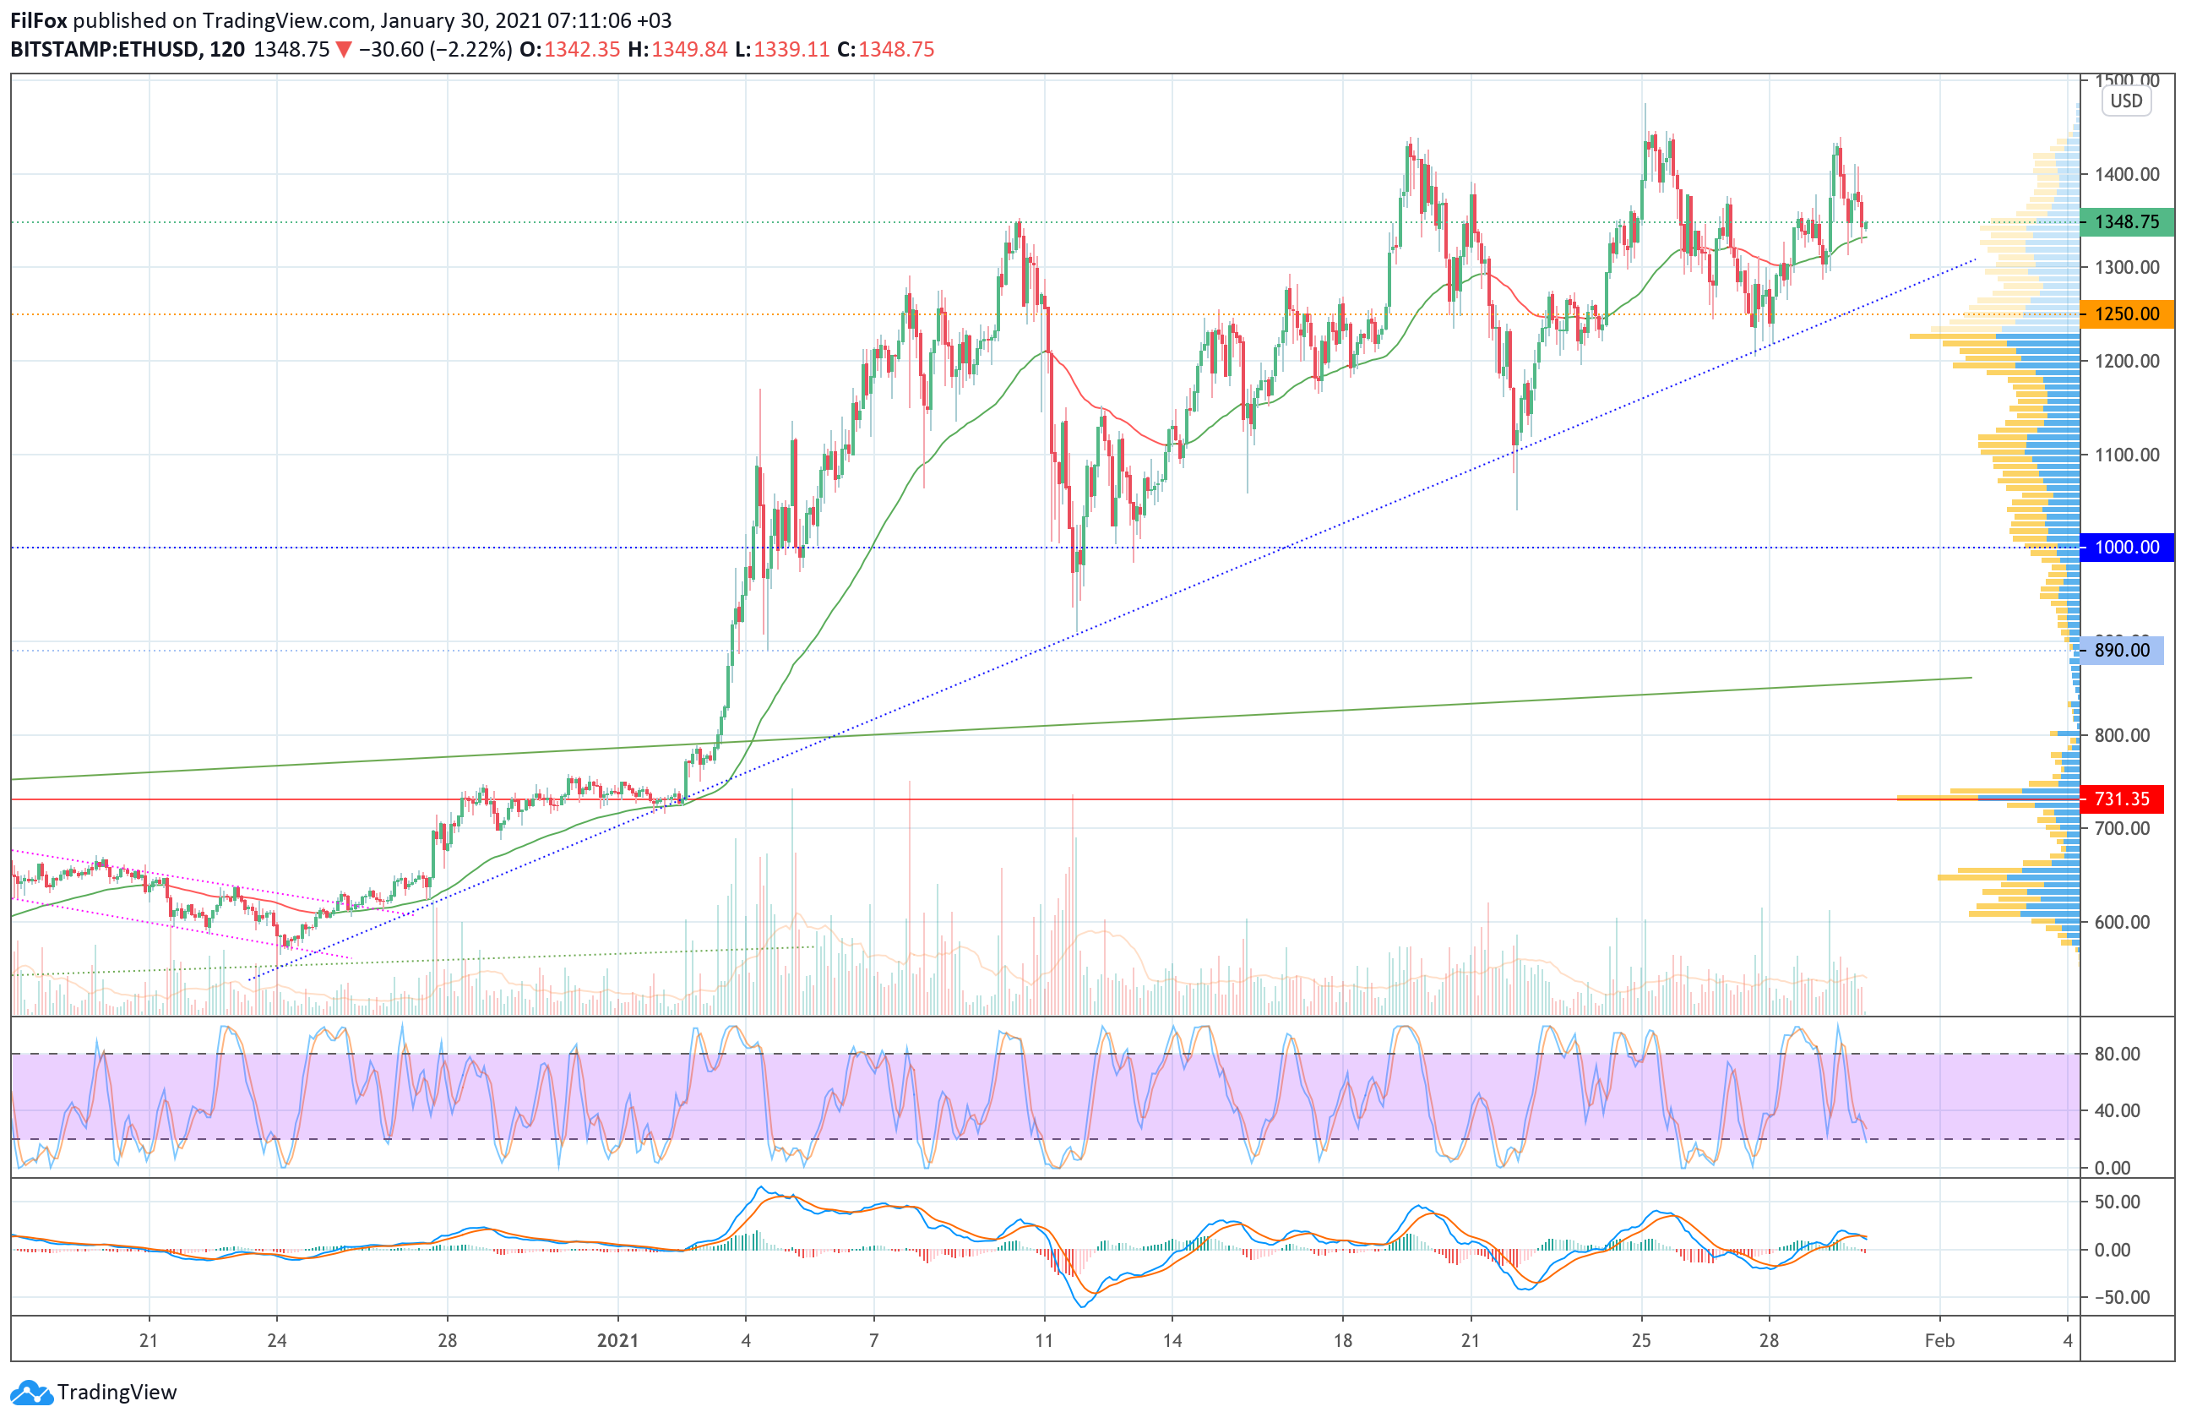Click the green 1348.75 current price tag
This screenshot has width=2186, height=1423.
coord(2125,222)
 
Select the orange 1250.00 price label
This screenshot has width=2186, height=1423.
coord(2125,314)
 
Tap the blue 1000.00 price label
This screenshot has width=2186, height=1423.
coord(2125,548)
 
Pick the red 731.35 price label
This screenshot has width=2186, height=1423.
coord(2121,799)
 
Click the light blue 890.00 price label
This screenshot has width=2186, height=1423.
coord(2121,651)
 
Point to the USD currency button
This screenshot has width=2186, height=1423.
coord(2125,101)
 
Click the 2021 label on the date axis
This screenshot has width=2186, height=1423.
coord(617,1340)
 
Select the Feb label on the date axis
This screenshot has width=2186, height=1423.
coord(1939,1340)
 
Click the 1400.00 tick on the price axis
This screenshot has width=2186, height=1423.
coord(2125,173)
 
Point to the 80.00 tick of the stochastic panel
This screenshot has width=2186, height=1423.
coord(2116,1054)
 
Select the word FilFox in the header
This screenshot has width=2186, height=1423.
coord(39,20)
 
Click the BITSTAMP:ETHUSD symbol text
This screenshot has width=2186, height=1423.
coord(104,50)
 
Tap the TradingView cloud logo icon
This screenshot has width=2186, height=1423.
coord(31,1393)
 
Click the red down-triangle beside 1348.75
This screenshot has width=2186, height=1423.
coord(344,50)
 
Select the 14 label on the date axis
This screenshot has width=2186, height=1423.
coord(1172,1340)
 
